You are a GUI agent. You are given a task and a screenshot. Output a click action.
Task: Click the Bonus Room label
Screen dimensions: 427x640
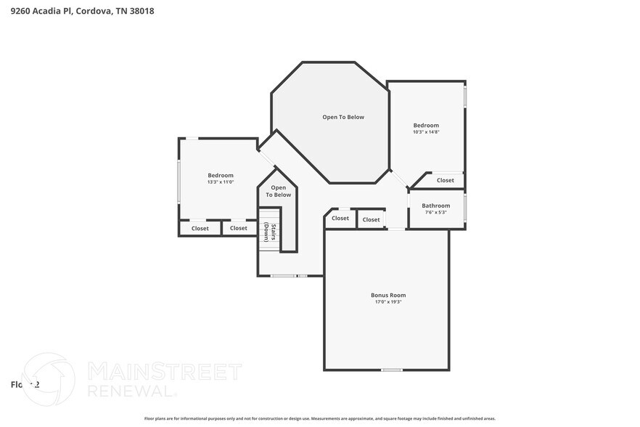click(387, 295)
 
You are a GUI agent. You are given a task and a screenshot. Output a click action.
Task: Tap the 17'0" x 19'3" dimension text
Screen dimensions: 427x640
click(387, 302)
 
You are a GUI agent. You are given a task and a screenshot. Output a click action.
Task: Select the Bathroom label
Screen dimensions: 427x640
click(436, 206)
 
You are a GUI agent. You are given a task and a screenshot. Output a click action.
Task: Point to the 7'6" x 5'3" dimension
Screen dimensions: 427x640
click(436, 213)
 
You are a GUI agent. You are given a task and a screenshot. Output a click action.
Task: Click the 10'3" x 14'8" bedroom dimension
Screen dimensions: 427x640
click(426, 132)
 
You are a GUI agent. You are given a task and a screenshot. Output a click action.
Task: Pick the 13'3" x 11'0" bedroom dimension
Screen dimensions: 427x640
click(221, 182)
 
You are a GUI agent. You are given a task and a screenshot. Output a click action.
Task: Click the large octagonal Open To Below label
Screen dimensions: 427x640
click(343, 117)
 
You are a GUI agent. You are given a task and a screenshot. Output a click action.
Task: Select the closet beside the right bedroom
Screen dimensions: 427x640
click(445, 180)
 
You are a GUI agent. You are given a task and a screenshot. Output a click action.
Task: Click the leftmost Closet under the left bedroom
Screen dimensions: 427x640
click(200, 228)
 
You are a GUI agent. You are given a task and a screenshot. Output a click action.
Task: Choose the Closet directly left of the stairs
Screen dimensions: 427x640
click(239, 228)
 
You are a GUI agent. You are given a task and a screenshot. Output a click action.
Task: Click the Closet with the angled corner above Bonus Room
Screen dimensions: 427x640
click(340, 218)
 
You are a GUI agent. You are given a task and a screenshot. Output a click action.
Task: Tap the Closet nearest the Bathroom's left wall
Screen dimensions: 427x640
click(371, 219)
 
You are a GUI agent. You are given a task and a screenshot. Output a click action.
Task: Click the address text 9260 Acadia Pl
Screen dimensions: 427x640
click(42, 12)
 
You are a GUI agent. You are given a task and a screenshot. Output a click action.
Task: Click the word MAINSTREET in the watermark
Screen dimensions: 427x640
click(164, 373)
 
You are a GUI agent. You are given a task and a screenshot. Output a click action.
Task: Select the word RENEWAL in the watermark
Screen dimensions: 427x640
click(131, 391)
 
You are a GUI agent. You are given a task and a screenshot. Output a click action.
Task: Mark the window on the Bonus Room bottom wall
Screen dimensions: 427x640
click(392, 370)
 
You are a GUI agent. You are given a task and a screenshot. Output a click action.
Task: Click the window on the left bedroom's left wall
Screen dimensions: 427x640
click(179, 182)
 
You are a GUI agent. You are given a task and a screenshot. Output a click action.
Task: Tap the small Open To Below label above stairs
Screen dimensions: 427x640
click(278, 191)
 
